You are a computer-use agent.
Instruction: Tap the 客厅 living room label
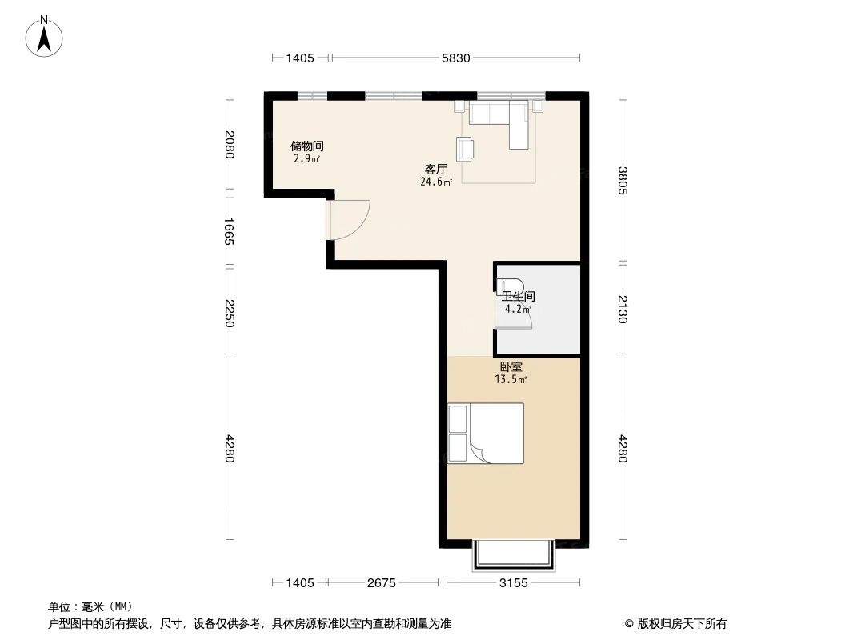435,170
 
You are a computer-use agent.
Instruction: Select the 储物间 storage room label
306,146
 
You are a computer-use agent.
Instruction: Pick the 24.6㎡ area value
436,182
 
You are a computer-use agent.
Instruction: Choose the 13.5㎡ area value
511,380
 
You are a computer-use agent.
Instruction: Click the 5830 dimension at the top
455,58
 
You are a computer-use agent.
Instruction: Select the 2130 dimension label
624,308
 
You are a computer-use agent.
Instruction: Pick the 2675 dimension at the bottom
382,583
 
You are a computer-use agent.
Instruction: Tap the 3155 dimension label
513,583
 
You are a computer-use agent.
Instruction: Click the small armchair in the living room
465,148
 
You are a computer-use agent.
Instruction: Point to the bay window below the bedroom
513,554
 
